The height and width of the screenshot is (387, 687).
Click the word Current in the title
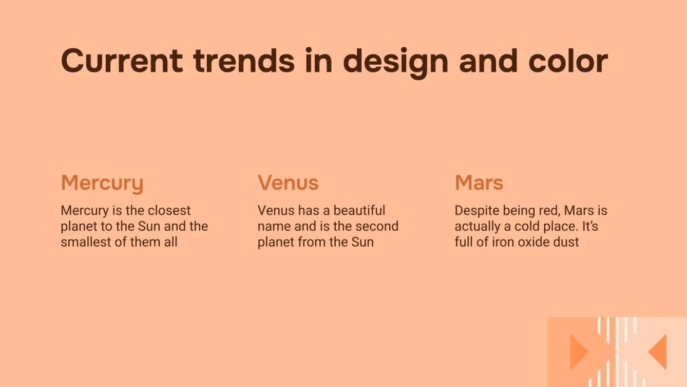point(122,61)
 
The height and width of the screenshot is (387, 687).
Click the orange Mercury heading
point(102,183)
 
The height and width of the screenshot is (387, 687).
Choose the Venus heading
point(288,182)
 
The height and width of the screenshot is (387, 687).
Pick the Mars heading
point(479,182)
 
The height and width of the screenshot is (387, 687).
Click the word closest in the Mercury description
point(169,211)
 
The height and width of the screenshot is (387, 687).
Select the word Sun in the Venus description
point(362,242)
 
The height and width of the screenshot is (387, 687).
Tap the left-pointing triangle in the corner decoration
point(659,352)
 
